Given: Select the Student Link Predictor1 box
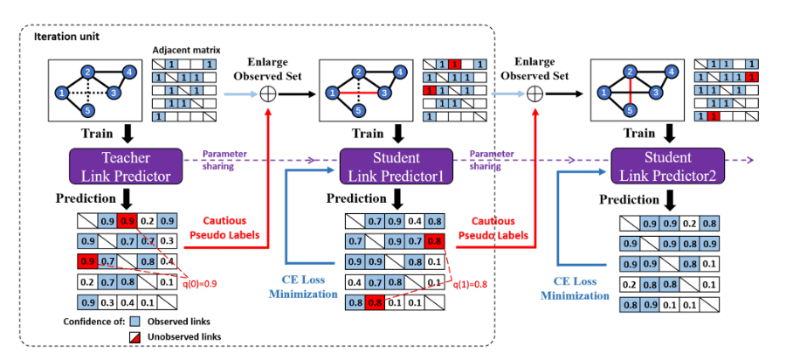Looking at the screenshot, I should click(x=396, y=166).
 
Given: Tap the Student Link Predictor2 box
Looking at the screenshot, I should click(x=667, y=166).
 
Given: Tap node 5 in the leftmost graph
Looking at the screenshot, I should click(x=88, y=110).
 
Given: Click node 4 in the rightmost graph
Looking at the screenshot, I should click(x=672, y=71).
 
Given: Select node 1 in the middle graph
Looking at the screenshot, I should click(x=333, y=92).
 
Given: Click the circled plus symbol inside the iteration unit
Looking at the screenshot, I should click(x=268, y=94).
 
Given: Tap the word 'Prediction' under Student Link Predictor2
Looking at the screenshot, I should click(x=629, y=199).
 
